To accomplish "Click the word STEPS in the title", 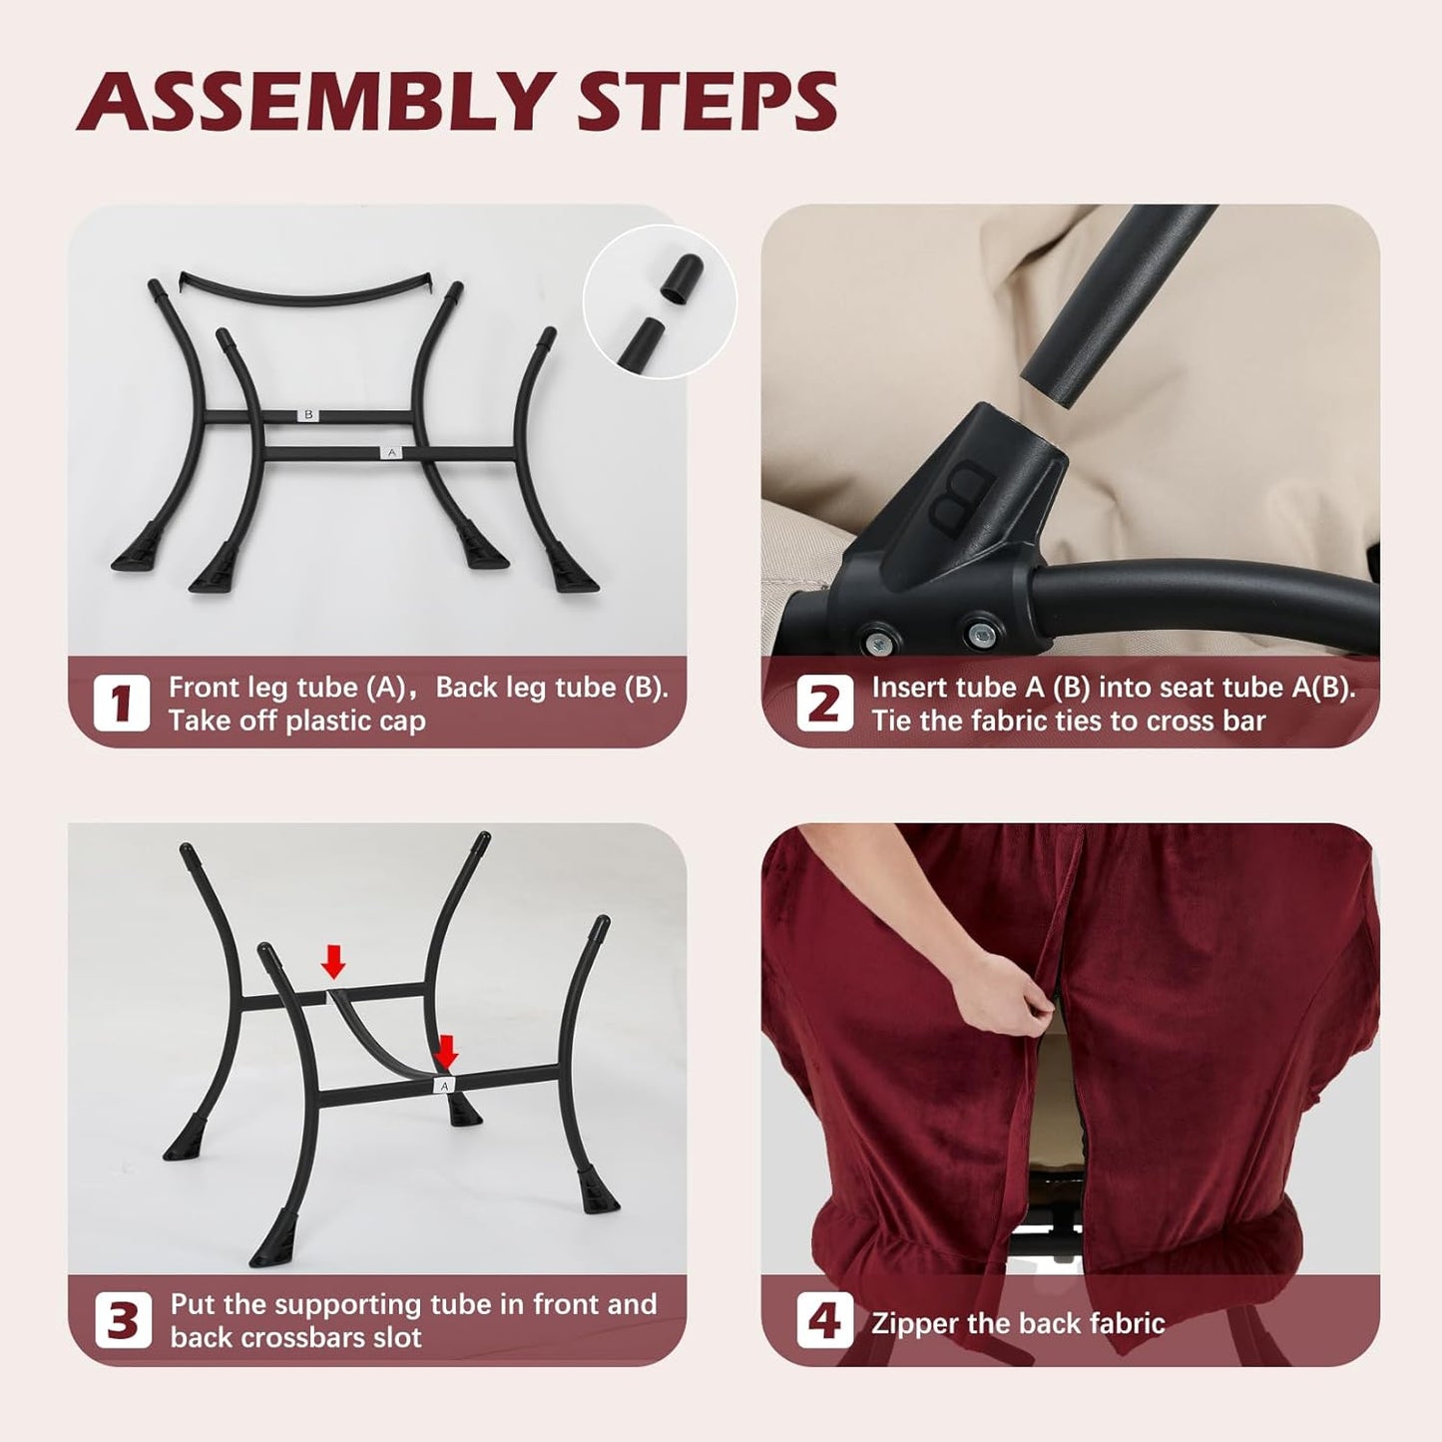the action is [707, 102].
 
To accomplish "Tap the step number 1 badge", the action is [121, 704].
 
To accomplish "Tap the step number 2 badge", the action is [824, 704].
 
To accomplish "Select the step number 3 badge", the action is [123, 1320].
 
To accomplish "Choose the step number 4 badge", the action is [824, 1321].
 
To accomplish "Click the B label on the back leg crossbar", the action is [309, 414].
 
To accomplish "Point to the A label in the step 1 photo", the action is [391, 453].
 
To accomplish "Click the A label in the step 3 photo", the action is [444, 1085].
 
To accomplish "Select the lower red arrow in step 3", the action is [447, 1052].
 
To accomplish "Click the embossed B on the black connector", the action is [960, 497].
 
